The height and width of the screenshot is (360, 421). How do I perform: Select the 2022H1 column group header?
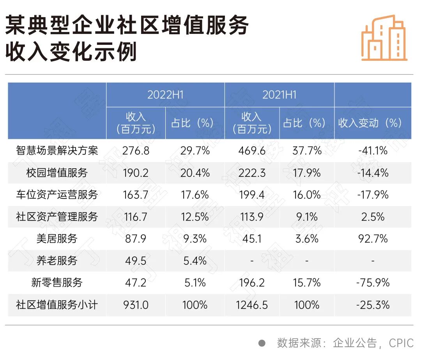[165, 95]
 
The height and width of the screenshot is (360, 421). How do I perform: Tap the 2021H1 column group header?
[279, 95]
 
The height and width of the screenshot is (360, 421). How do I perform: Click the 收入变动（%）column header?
[370, 123]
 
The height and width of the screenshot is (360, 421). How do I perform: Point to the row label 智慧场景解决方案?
[57, 150]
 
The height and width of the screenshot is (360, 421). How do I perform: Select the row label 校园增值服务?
[57, 173]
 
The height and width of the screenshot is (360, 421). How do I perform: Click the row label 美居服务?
[57, 238]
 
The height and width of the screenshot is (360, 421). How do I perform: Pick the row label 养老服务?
[57, 261]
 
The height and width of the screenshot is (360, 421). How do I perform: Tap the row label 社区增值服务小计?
[57, 305]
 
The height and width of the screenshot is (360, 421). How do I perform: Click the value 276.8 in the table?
[135, 150]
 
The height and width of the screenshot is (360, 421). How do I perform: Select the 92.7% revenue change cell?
[372, 238]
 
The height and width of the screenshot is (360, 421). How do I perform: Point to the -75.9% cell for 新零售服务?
[372, 282]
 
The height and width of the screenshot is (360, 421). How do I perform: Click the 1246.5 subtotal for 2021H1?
[251, 305]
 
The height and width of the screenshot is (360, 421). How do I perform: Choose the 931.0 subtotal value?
[135, 305]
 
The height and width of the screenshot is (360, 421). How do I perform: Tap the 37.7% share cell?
[307, 150]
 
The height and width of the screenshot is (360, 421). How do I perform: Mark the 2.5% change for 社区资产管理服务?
[372, 217]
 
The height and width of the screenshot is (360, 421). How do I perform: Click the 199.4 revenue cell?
[251, 194]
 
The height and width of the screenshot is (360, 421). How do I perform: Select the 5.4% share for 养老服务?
[195, 261]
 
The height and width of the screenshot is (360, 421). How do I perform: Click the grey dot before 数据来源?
[262, 343]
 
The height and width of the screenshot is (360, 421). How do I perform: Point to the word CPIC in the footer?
[401, 343]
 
